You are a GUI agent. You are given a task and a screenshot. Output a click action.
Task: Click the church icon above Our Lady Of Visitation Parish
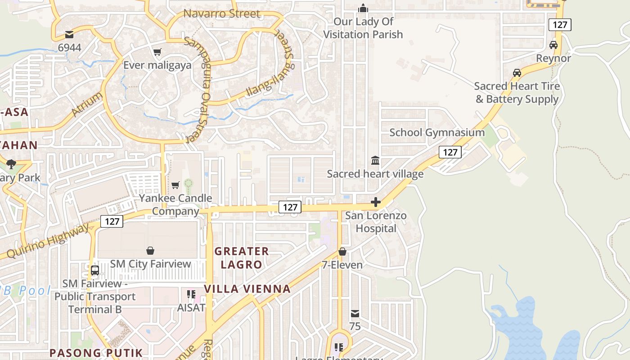coord(363,8)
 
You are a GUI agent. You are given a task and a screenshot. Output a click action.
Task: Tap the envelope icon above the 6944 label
coord(69,34)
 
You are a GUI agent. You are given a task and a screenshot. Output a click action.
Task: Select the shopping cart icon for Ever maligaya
coord(157,52)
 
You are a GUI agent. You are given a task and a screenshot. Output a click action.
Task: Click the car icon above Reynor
coord(553,45)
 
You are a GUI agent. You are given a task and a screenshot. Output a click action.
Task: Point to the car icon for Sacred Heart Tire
coord(517,73)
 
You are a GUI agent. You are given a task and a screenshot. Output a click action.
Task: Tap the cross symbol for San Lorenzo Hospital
coord(376,202)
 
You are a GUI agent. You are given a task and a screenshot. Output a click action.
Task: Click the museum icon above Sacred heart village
coord(375,160)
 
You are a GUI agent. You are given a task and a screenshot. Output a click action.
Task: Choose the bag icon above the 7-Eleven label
coord(342,252)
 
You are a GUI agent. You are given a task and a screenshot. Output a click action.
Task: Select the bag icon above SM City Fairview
coord(150,251)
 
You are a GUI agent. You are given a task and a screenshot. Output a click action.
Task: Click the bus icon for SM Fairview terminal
coord(95,270)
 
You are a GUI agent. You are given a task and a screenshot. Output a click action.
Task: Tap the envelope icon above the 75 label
coord(355,313)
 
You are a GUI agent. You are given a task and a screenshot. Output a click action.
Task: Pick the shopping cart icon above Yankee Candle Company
coord(175,185)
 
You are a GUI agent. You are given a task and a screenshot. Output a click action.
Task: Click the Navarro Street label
coord(222,14)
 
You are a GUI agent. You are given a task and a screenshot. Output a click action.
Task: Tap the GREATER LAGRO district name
coord(242,258)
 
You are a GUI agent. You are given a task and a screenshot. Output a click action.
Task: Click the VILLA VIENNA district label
coord(247,289)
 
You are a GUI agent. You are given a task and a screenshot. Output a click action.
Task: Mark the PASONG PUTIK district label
coord(96,353)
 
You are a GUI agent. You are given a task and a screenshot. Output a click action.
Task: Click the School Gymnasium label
coord(436,132)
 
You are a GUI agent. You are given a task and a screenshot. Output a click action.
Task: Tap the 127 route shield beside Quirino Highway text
coord(112,221)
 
